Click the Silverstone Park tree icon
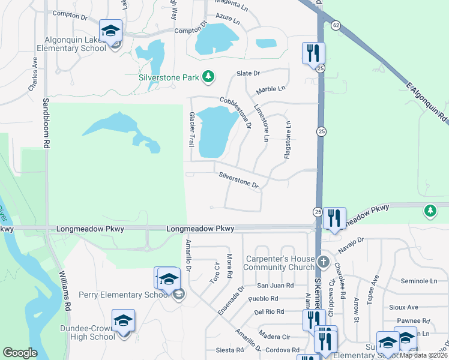click(x=208, y=76)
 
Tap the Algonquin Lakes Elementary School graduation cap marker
click(x=110, y=31)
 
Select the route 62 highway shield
click(x=334, y=25)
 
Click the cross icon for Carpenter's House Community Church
click(x=323, y=262)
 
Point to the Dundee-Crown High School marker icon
click(x=123, y=320)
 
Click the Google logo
click(x=20, y=353)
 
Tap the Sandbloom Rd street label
click(x=45, y=124)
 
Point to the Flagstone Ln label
click(x=288, y=140)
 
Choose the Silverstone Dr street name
click(x=238, y=180)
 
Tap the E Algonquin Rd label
click(x=427, y=102)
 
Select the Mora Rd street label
click(x=229, y=266)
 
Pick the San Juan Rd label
click(x=275, y=286)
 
